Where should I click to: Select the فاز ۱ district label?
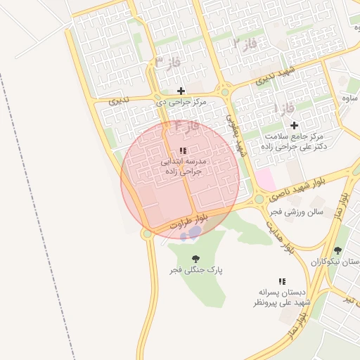285,110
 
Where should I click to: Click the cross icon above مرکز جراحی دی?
181,91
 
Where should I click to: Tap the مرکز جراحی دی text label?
181,102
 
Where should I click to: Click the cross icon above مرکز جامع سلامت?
294,124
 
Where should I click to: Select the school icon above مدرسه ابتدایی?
183,150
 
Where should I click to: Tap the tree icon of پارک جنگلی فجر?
195,259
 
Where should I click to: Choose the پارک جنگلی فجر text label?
195,270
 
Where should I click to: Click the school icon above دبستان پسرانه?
282,281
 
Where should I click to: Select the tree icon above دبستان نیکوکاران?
337,250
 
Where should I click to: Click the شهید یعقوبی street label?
236,134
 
